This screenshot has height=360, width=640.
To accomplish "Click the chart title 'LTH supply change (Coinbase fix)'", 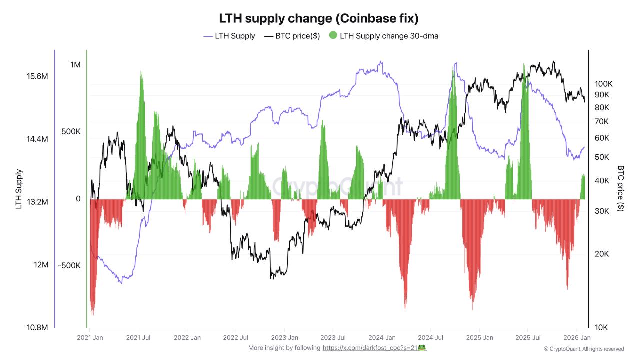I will pos(319,18).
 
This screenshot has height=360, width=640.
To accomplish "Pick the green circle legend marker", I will pos(333,35).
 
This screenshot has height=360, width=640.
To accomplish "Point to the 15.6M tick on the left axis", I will pos(37,76).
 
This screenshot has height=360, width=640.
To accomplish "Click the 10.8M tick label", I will pos(37,328).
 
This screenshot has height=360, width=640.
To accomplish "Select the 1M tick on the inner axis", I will pos(75,65).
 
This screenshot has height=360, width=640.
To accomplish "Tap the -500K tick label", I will pos(69,265).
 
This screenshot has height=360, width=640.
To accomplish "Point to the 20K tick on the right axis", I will pos(601,254).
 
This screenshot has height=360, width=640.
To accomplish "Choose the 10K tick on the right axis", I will pos(601,328).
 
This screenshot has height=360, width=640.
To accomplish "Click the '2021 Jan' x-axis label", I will pos(90,337).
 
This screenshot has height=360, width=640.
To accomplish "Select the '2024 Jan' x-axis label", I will pos(382,337).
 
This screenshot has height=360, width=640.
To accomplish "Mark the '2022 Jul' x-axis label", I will pos(236,337).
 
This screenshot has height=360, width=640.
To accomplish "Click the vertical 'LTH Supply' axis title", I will pos(19,189).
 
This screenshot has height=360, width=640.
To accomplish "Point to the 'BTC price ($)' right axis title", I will pos(621,189).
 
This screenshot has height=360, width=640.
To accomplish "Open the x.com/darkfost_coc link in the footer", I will pos(370,348).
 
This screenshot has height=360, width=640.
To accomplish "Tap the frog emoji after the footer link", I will pos(422,347).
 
